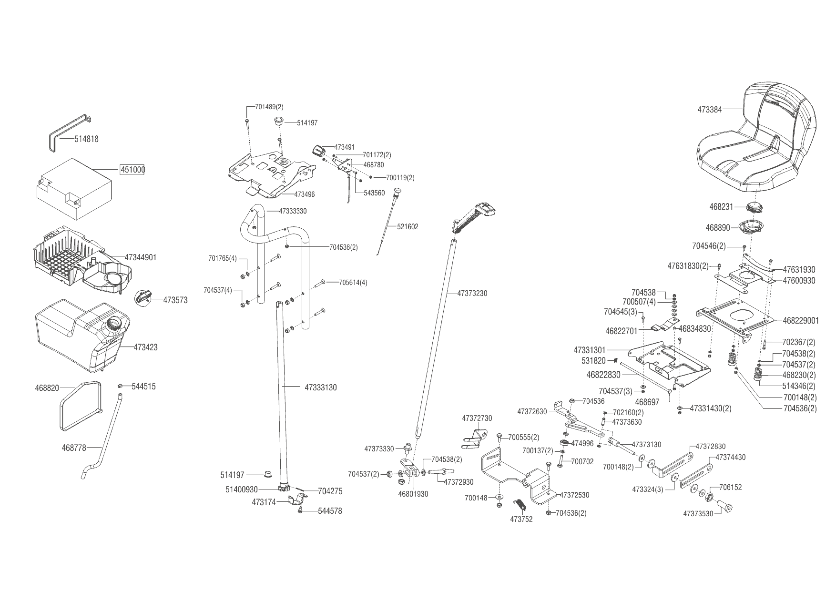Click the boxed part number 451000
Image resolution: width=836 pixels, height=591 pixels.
[132, 170]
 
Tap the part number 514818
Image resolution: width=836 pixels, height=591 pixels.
[86, 139]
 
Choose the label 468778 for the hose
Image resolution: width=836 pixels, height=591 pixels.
[74, 448]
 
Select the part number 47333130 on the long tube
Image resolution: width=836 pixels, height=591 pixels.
[320, 387]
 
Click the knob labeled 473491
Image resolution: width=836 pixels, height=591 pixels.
[318, 150]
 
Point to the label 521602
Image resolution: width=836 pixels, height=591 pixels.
[408, 227]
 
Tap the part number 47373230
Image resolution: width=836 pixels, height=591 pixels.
[472, 294]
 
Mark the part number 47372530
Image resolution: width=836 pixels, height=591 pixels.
[574, 495]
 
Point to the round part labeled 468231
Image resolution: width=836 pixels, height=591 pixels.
[756, 208]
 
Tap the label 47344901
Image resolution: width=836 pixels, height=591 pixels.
[141, 257]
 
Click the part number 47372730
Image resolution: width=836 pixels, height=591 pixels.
[477, 418]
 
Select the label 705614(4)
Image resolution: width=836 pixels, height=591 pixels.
[353, 282]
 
